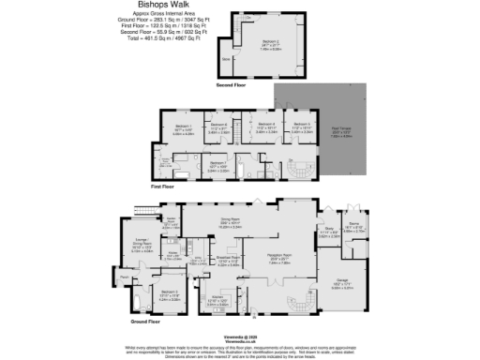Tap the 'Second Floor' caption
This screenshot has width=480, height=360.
232,84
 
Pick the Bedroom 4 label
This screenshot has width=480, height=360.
265,125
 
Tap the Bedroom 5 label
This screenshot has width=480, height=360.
300,126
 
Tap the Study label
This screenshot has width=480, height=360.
329,228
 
